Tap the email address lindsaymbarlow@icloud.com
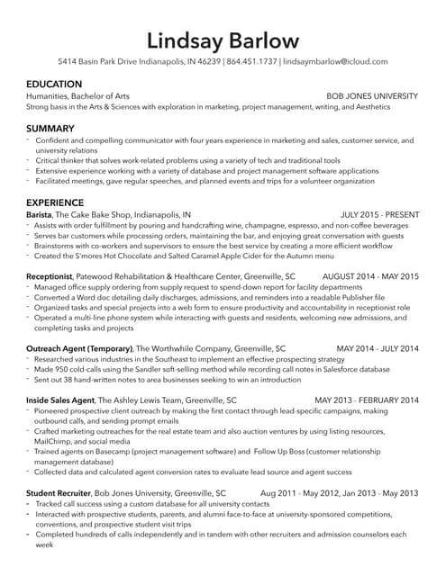[x=335, y=62]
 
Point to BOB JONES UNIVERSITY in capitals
[x=371, y=95]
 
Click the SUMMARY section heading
[x=50, y=129]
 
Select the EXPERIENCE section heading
[x=55, y=202]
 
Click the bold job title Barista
[x=39, y=215]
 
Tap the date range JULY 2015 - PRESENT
[x=379, y=215]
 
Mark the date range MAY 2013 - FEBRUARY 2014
[x=366, y=399]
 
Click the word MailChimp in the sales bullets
[x=56, y=442]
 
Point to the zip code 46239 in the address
[x=209, y=62]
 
